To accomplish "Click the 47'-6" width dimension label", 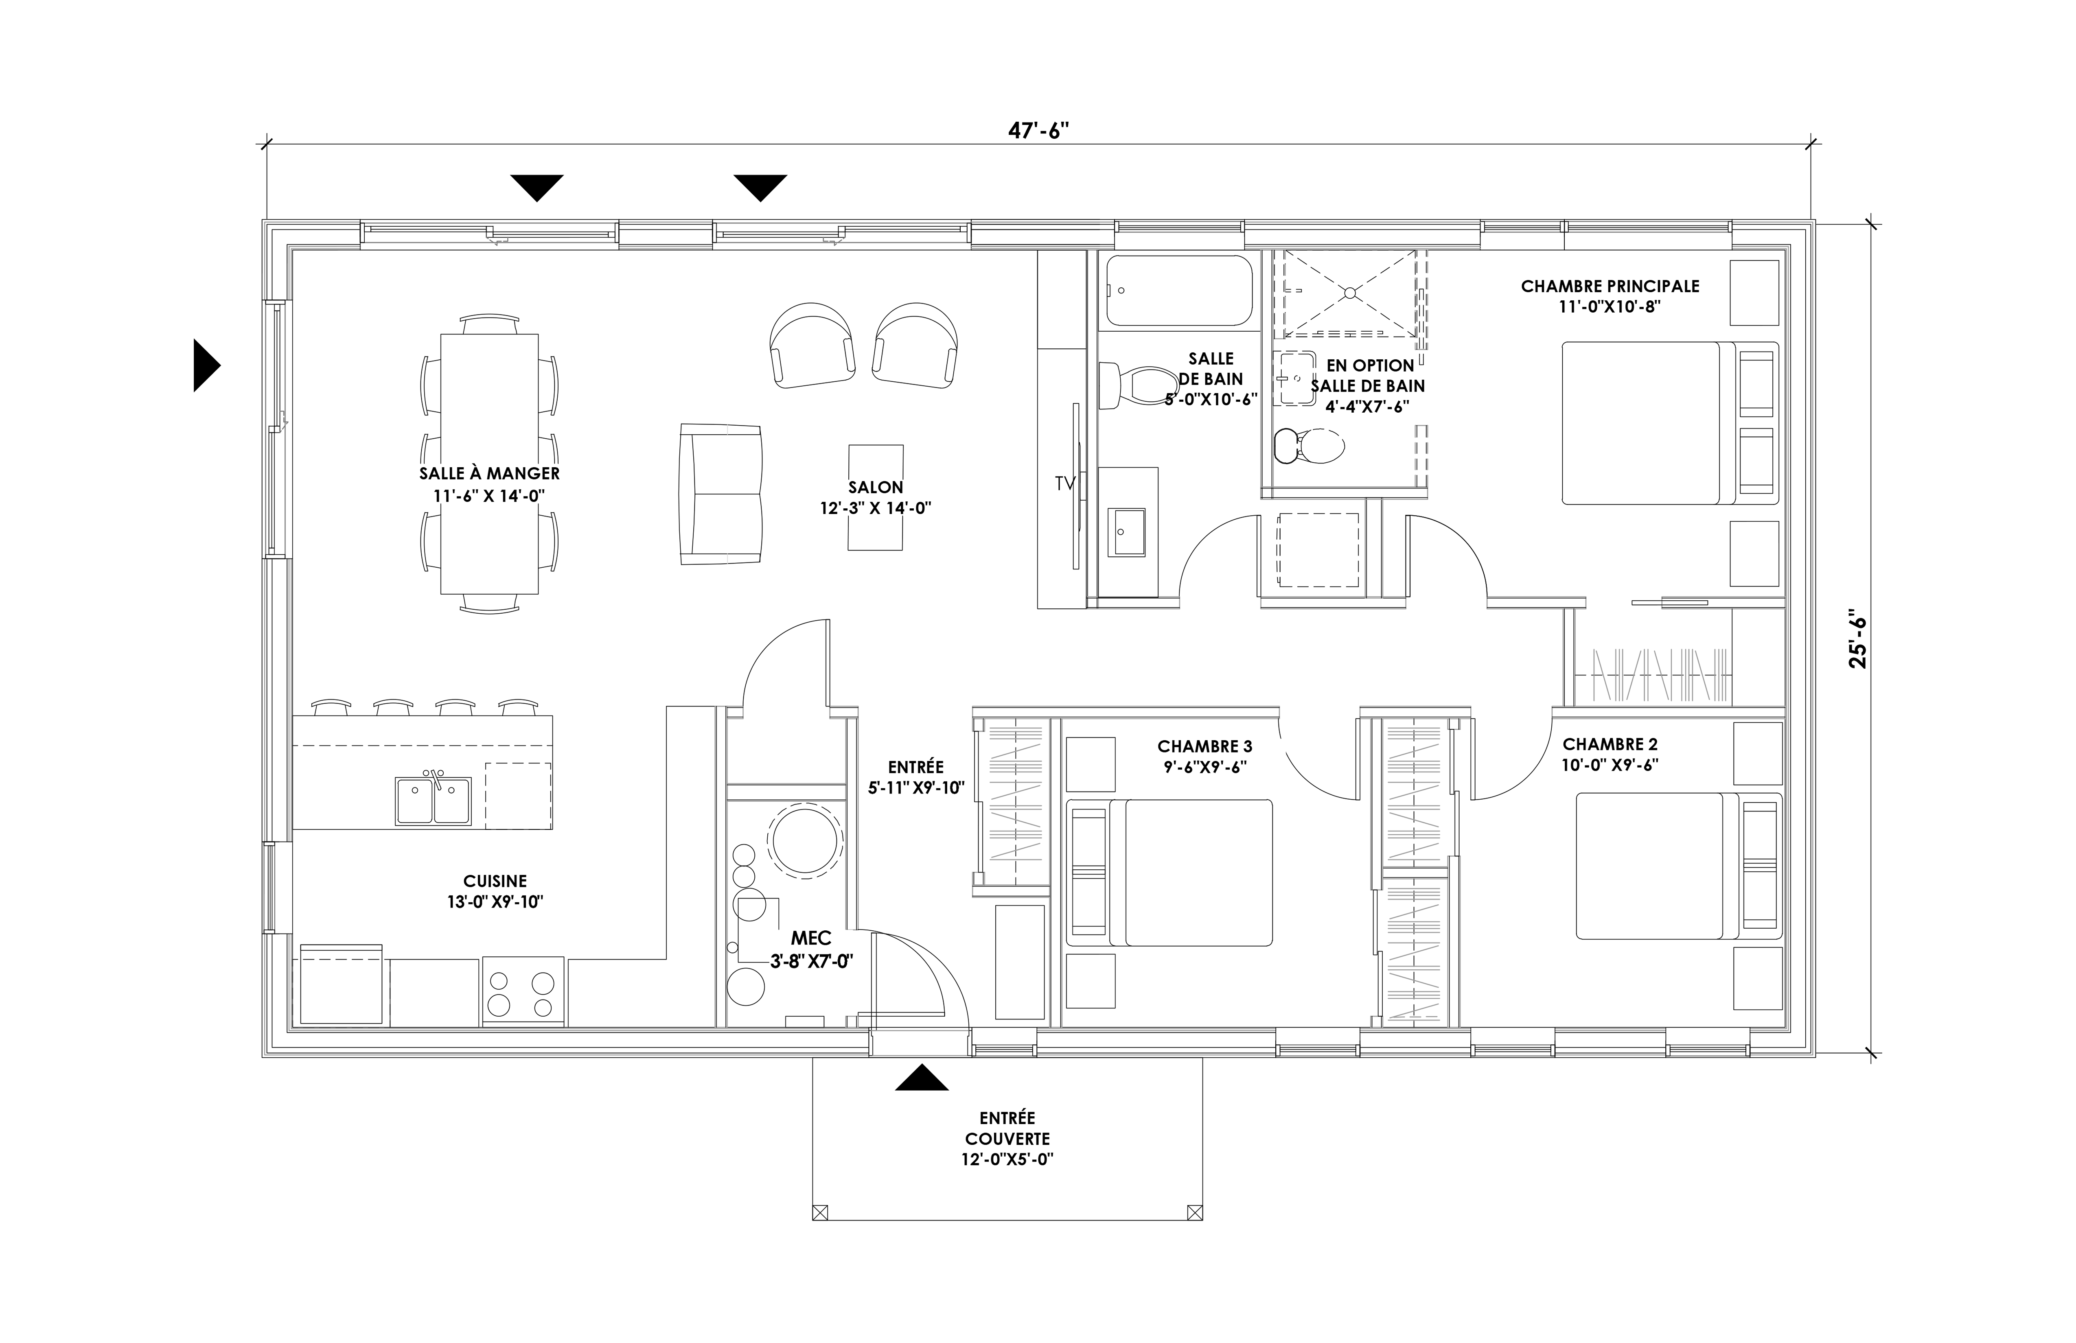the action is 1038,131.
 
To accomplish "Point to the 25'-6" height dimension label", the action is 1858,643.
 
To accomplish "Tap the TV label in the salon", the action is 1064,483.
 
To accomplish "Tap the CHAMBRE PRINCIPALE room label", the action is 1610,286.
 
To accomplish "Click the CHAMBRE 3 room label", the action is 1204,746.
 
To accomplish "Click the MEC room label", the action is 811,938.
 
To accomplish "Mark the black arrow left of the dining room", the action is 207,365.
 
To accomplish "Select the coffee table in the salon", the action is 876,497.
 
